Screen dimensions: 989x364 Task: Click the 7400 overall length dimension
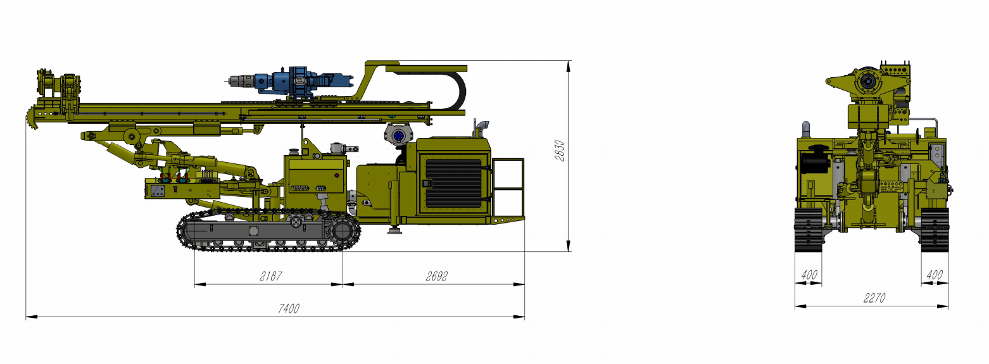[289, 308]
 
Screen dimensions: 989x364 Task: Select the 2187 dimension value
[270, 276]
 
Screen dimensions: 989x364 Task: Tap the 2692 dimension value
[437, 276]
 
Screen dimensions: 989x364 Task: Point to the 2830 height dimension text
[560, 151]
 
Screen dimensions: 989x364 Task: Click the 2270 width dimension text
[874, 299]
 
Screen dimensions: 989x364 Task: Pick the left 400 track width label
[809, 275]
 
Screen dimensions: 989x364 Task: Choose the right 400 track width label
[935, 275]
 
